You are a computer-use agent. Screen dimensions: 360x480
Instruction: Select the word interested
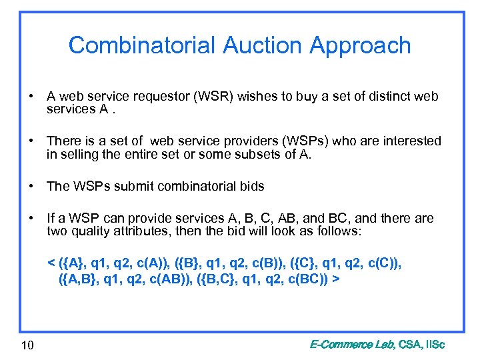(412, 141)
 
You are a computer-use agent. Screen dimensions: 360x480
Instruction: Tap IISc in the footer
(431, 345)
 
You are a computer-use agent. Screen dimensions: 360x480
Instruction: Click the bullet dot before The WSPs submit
(31, 186)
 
